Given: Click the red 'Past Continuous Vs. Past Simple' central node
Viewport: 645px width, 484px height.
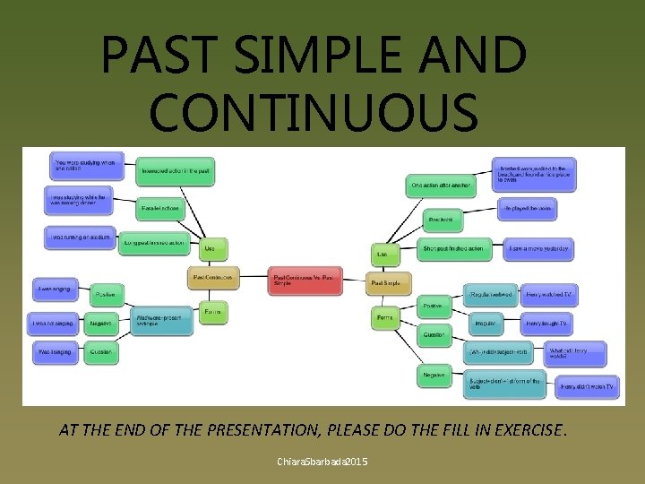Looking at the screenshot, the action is (x=305, y=281).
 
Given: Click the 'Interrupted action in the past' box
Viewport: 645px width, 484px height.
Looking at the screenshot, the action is (x=176, y=170).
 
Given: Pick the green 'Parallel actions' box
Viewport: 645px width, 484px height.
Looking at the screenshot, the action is (x=161, y=208).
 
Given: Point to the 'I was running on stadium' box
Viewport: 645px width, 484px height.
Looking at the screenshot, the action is (x=78, y=238).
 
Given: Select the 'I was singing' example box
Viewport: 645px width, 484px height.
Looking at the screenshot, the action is (x=55, y=289).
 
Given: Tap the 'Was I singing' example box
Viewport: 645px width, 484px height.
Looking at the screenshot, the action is (x=55, y=352).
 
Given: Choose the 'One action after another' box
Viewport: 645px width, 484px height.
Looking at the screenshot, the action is (x=442, y=186).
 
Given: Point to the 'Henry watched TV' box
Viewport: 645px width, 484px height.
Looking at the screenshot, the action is (x=548, y=294).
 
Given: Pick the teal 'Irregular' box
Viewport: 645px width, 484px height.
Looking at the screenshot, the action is (x=485, y=323).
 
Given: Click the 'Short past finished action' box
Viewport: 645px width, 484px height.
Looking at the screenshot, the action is (x=454, y=248).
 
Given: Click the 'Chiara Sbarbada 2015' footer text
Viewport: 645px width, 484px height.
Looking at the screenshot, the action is (x=322, y=462).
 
